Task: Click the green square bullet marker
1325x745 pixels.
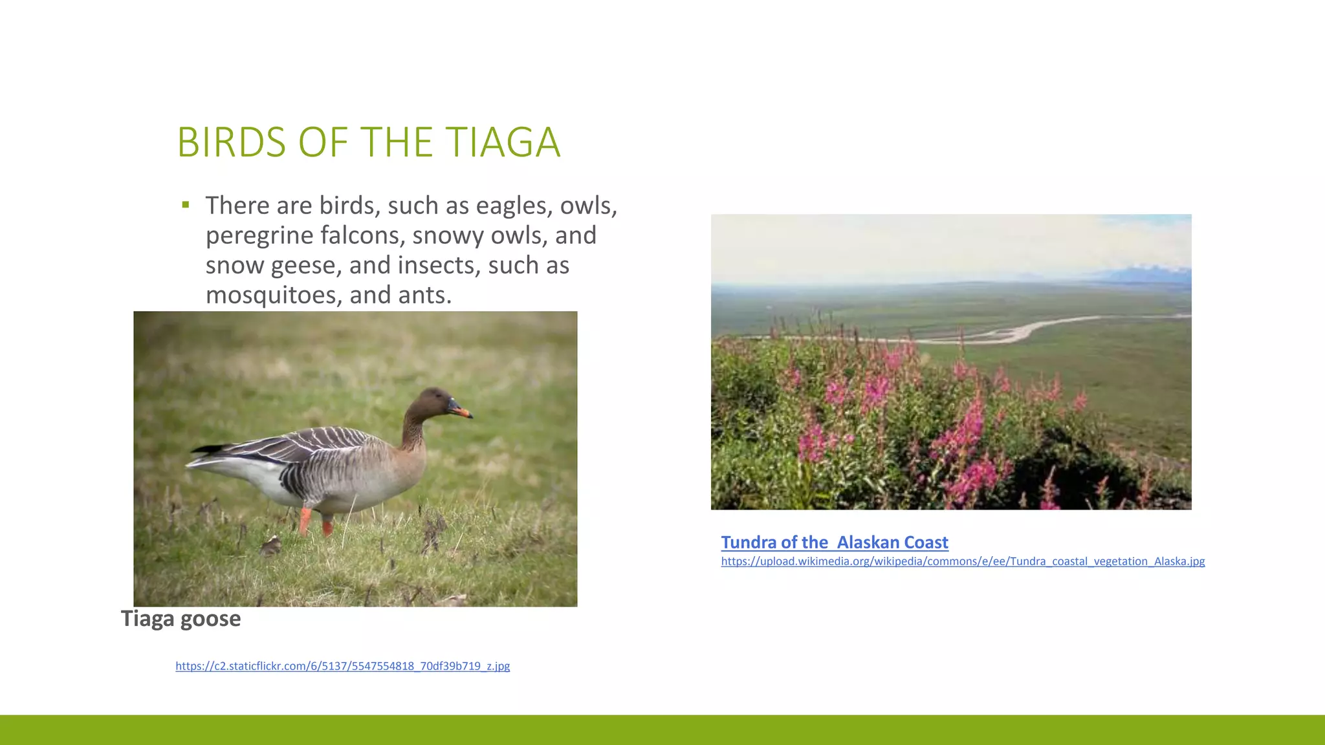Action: click(x=186, y=206)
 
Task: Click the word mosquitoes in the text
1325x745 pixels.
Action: click(x=274, y=296)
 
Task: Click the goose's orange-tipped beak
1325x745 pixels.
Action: click(x=462, y=411)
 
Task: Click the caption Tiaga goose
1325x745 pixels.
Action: click(x=181, y=619)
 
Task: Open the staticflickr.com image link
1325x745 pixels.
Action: click(x=342, y=666)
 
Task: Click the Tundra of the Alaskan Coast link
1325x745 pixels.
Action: click(x=835, y=543)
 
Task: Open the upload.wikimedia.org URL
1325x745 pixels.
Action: click(x=963, y=561)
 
